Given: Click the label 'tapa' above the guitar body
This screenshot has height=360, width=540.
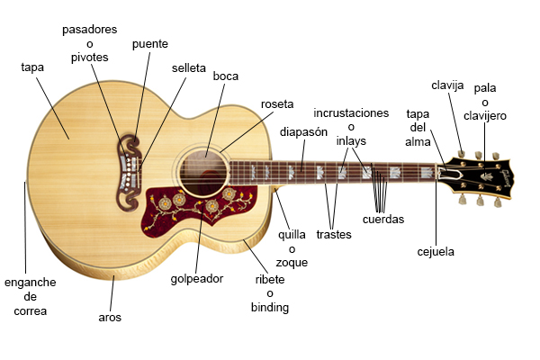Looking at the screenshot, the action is (x=32, y=67).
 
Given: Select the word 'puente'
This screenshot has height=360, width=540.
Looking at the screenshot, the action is (x=150, y=44).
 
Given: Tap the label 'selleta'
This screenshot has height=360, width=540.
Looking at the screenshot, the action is (x=189, y=67).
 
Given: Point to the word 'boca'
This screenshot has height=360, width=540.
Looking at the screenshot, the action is (x=226, y=76).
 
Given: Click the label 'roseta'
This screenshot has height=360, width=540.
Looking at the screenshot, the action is (x=277, y=104).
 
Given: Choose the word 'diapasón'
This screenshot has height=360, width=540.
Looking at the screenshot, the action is (x=303, y=132).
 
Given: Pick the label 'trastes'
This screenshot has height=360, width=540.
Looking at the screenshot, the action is (x=334, y=235).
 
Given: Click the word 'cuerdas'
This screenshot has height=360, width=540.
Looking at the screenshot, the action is (x=383, y=220).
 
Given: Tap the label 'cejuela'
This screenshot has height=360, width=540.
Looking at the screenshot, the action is (x=436, y=252).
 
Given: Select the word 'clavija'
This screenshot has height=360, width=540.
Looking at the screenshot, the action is (x=447, y=85).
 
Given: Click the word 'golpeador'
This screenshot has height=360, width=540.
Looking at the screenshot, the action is (x=197, y=279).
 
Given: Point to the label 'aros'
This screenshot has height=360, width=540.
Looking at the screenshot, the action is (x=110, y=318).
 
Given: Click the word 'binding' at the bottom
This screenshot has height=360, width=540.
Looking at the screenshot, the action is (x=270, y=308).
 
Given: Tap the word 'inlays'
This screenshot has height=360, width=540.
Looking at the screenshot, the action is (x=351, y=141).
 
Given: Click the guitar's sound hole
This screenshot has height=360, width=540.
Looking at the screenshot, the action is (x=204, y=175).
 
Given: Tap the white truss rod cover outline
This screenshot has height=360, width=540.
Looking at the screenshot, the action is (x=449, y=175).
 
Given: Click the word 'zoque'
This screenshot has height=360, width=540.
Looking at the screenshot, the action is (x=292, y=263).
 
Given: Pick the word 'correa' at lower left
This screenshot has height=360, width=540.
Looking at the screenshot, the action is (x=31, y=311).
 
